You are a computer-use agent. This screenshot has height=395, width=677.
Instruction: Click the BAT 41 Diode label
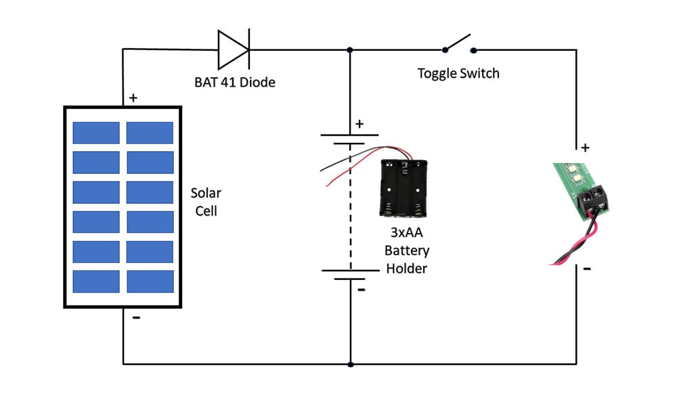point(234,83)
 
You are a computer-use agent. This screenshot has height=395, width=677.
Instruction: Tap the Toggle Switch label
point(458,73)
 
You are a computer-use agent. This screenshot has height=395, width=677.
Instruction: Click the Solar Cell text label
point(206,202)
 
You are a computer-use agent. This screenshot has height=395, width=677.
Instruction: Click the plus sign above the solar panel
point(133,98)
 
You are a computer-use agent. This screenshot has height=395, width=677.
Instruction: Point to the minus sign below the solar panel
point(136,318)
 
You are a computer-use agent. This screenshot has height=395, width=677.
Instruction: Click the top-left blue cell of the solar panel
point(96,133)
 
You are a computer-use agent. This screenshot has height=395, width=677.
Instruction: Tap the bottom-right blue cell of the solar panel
point(150,281)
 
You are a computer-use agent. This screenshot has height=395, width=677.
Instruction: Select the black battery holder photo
point(404,188)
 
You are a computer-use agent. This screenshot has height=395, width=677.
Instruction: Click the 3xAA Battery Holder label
point(407,251)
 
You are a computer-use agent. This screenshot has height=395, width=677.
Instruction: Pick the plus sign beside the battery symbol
point(359,124)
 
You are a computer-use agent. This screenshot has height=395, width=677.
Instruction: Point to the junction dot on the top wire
point(350,49)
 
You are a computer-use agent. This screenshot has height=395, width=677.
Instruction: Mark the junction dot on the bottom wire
point(350,364)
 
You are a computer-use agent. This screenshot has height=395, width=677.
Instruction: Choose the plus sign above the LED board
point(586,147)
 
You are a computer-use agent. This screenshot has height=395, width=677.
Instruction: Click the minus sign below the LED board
point(586,269)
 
